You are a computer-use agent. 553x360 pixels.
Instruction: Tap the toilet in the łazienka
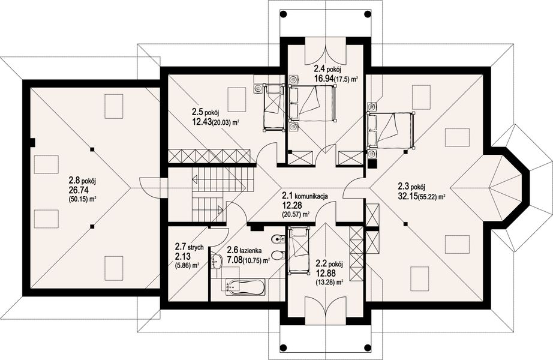[x=278, y=254]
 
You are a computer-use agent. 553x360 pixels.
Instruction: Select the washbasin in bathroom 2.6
[x=215, y=261]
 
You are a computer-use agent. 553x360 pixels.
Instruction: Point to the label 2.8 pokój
[x=82, y=181]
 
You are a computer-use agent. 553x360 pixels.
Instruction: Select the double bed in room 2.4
[x=312, y=103]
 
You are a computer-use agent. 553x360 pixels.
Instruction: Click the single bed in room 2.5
[x=273, y=107]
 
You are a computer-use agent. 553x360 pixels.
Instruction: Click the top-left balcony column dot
[x=284, y=14]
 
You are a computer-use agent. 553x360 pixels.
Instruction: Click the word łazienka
[x=250, y=251]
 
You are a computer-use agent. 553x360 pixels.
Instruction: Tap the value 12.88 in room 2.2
[x=326, y=273]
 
